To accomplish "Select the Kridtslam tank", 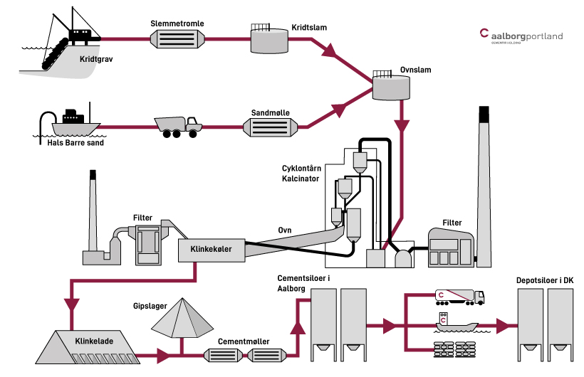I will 268,41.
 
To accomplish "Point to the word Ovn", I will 285,230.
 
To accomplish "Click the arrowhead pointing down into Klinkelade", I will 73,304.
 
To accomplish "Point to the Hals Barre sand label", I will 71,142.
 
